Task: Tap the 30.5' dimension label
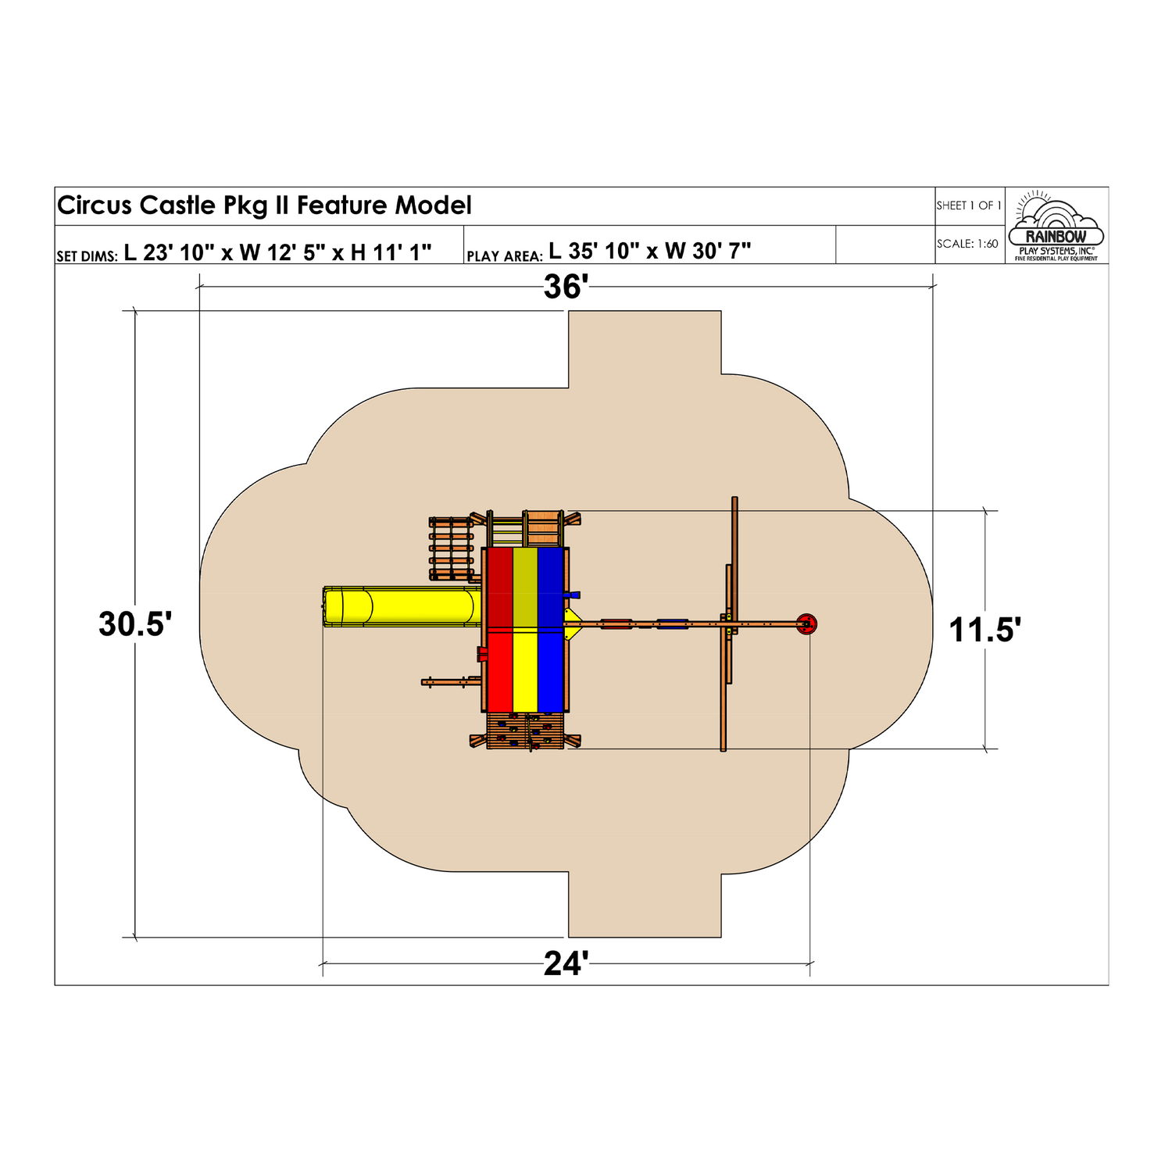coord(135,624)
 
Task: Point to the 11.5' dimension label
coord(984,630)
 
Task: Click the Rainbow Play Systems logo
coord(1056,226)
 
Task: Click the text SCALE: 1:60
coord(967,244)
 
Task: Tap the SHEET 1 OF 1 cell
coord(969,205)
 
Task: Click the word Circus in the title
coord(95,205)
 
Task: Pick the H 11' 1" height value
coord(391,252)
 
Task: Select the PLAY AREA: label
coord(504,256)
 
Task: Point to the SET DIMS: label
coord(87,256)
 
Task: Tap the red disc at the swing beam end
coord(807,624)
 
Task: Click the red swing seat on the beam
coord(616,624)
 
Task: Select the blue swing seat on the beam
coord(672,624)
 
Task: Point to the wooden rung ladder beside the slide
coord(452,548)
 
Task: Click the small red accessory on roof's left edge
coord(482,654)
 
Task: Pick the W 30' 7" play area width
coord(708,251)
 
